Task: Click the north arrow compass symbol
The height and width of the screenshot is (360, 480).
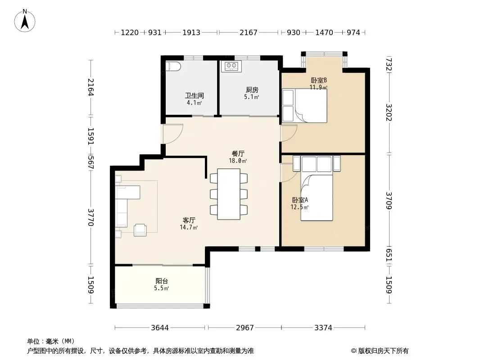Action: [x=25, y=21]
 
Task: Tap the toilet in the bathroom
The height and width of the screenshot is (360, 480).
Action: [x=173, y=66]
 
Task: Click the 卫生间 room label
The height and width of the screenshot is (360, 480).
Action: [x=195, y=95]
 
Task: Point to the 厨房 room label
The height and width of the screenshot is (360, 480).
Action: [x=252, y=90]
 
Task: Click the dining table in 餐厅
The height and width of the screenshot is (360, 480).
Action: [x=229, y=194]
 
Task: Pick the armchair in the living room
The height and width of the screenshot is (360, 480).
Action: [x=140, y=229]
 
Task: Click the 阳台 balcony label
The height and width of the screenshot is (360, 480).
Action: [x=162, y=281]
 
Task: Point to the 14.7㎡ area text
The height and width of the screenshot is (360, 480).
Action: [x=189, y=227]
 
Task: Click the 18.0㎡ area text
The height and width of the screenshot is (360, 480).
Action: [x=238, y=161]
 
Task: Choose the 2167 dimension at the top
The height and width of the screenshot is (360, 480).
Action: [x=248, y=32]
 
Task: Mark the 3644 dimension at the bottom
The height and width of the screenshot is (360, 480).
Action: [x=160, y=328]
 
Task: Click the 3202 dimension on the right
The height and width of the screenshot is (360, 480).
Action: [x=389, y=112]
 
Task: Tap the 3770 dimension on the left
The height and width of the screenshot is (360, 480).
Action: [x=91, y=217]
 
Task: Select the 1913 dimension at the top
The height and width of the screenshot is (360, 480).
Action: [x=191, y=32]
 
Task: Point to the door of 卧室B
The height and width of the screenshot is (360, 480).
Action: [x=289, y=133]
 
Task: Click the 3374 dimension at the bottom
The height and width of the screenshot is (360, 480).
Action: [x=323, y=328]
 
